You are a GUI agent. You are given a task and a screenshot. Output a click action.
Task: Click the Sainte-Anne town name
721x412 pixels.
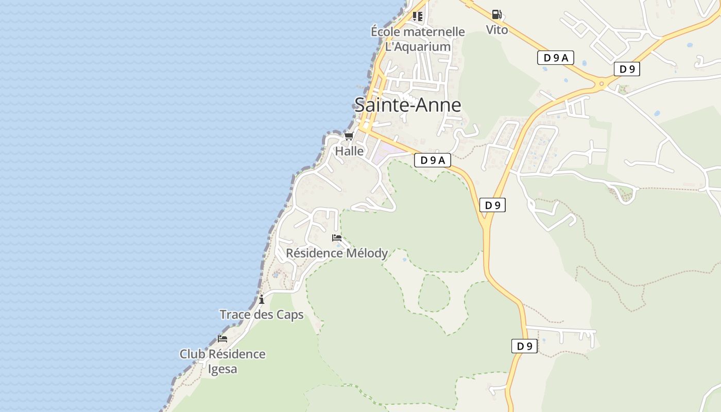click(407, 105)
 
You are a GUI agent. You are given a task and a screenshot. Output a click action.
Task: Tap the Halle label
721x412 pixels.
click(349, 151)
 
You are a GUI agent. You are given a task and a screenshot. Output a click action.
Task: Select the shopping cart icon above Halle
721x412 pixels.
click(349, 136)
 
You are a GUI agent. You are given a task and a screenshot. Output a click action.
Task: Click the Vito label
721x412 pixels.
click(497, 30)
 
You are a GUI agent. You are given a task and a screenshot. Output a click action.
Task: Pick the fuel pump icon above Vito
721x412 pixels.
click(496, 14)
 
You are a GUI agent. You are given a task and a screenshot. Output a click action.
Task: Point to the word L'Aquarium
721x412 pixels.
click(418, 46)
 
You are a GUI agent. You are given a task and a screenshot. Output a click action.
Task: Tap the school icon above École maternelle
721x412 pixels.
click(417, 16)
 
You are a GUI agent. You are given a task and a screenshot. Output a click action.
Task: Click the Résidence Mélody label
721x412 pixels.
click(337, 253)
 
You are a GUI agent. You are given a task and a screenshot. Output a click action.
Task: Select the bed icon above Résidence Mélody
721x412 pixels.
click(337, 238)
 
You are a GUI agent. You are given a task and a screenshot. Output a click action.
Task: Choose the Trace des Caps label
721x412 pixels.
click(262, 315)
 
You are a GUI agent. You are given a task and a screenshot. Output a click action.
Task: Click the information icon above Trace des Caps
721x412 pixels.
click(262, 299)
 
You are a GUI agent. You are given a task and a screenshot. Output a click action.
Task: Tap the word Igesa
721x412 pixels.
click(222, 369)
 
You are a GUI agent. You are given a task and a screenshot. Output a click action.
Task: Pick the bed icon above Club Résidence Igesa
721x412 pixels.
click(222, 339)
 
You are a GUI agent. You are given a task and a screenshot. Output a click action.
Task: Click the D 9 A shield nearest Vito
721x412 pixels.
click(555, 58)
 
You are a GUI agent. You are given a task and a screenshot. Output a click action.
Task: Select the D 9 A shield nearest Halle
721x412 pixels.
click(432, 160)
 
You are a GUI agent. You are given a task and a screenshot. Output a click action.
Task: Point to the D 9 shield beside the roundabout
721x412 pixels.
click(627, 69)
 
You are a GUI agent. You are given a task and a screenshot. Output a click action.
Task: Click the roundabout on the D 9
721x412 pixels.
click(601, 83)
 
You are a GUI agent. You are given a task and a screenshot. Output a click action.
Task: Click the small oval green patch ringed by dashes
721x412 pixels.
click(434, 293)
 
